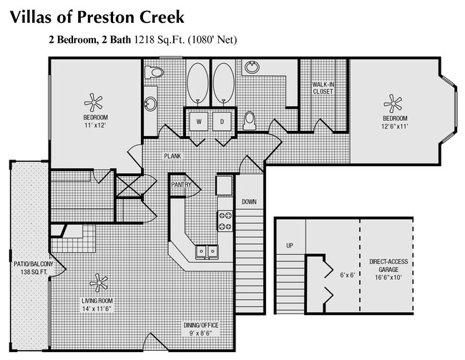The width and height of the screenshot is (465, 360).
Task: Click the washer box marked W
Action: point(199,122)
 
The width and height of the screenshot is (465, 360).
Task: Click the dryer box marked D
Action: point(222,122)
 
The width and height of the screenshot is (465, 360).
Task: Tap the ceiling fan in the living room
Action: point(98,283)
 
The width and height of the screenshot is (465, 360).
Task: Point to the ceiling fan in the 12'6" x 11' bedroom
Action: point(393,101)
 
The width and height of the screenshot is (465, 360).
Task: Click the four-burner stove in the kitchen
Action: point(225,220)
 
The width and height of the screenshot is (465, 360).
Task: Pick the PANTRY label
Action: point(180,184)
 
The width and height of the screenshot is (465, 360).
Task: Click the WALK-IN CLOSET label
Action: point(323,87)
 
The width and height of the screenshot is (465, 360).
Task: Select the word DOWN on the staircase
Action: point(248,202)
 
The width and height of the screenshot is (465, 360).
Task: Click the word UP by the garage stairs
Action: point(290,246)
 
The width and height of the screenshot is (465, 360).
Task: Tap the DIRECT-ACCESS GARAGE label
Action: point(386,266)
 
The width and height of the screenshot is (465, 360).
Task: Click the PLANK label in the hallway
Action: point(172,155)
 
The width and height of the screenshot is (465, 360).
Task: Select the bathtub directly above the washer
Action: point(197,83)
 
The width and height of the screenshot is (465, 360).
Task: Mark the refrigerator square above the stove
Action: point(225,185)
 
